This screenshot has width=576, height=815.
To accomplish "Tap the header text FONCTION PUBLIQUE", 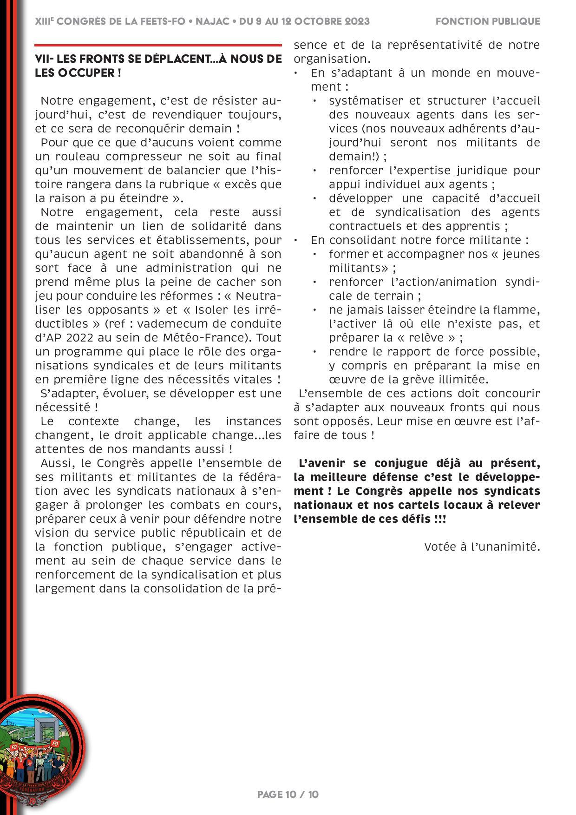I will point(488,21).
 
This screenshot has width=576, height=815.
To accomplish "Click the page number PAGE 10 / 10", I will point(288,794).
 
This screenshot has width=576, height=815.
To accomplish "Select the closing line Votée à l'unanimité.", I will point(482,547).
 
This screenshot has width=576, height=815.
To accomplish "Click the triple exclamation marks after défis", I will point(439,519).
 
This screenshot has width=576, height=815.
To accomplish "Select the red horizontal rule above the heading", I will point(158,45).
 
